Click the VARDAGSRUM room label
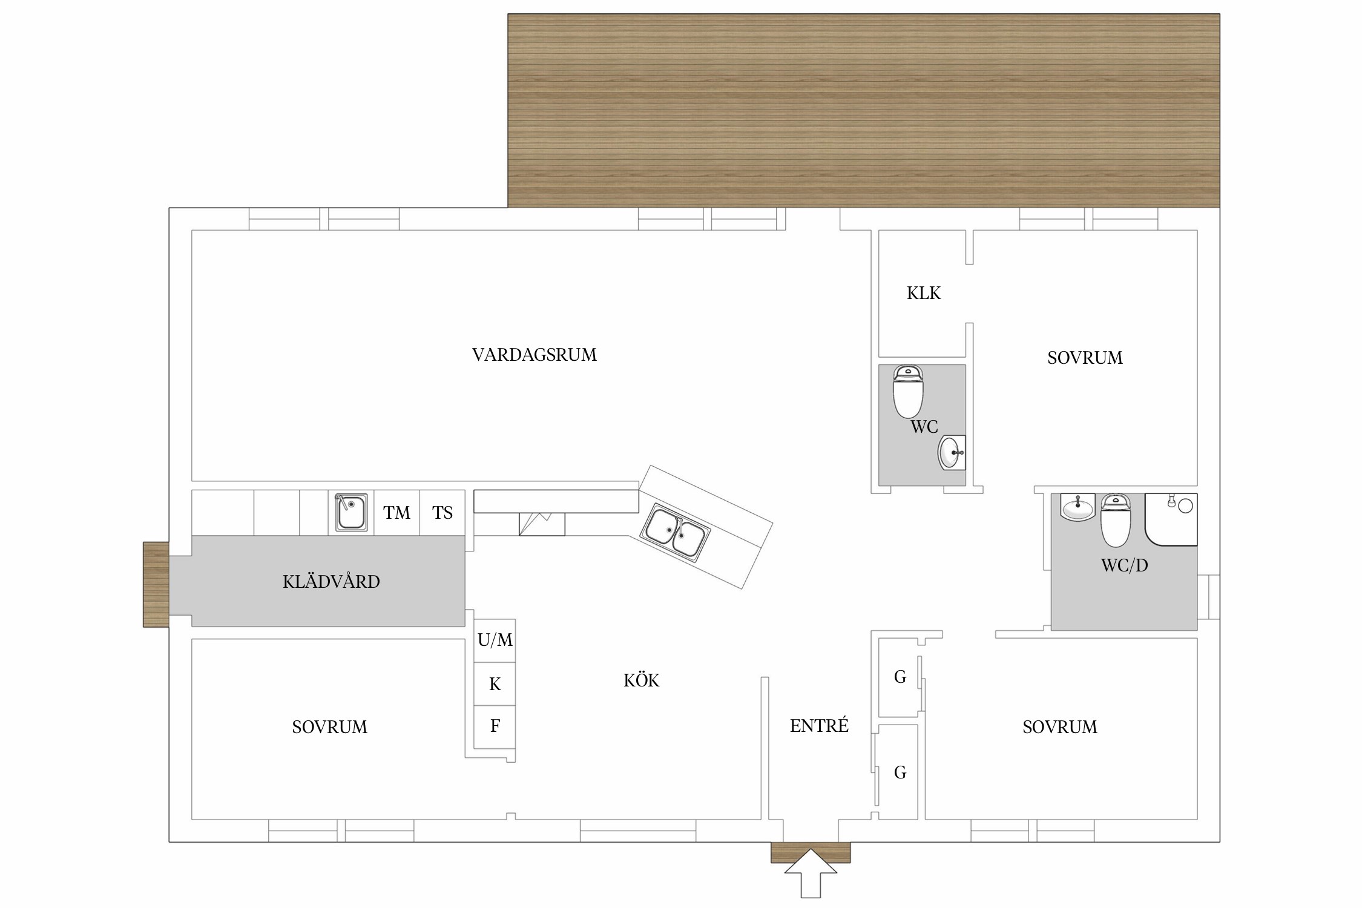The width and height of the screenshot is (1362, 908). (x=534, y=355)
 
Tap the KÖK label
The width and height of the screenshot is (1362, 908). (x=641, y=680)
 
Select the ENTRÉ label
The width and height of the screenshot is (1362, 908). (x=819, y=726)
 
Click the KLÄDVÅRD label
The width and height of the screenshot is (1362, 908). (x=331, y=582)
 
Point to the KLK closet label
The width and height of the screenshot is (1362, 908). (x=923, y=294)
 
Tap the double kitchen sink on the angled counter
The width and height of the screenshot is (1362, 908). (x=676, y=532)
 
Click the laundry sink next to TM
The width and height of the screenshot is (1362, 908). (x=351, y=512)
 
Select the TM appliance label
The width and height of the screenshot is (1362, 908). (x=396, y=513)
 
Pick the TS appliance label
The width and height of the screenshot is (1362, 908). (x=442, y=513)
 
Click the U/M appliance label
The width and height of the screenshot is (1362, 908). (x=495, y=640)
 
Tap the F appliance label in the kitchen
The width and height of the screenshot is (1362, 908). (x=495, y=726)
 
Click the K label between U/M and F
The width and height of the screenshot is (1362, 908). (x=495, y=684)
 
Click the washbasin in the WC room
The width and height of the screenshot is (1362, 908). (x=951, y=453)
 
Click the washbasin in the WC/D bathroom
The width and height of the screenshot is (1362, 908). (x=1077, y=507)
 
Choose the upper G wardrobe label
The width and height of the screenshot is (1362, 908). (x=900, y=677)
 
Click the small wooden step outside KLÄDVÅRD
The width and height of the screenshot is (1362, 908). (x=156, y=584)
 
